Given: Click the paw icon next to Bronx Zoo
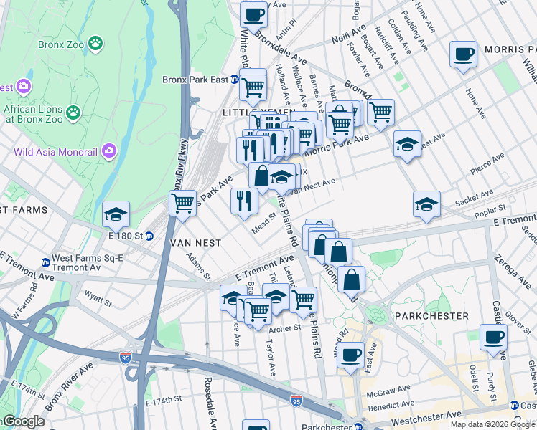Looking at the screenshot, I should click(95, 44).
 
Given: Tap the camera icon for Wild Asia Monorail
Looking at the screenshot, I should click(109, 150).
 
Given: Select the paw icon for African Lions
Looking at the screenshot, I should click(73, 112).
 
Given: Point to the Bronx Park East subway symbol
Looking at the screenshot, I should click(234, 80).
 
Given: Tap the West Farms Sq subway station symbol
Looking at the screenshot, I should click(46, 262).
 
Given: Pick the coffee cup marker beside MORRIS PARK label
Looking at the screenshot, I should click(463, 54).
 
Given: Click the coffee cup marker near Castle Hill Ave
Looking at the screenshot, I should click(493, 337).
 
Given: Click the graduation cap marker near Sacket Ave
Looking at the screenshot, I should click(426, 204).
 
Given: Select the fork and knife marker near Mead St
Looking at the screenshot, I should click(244, 200).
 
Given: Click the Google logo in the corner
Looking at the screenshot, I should click(23, 422).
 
